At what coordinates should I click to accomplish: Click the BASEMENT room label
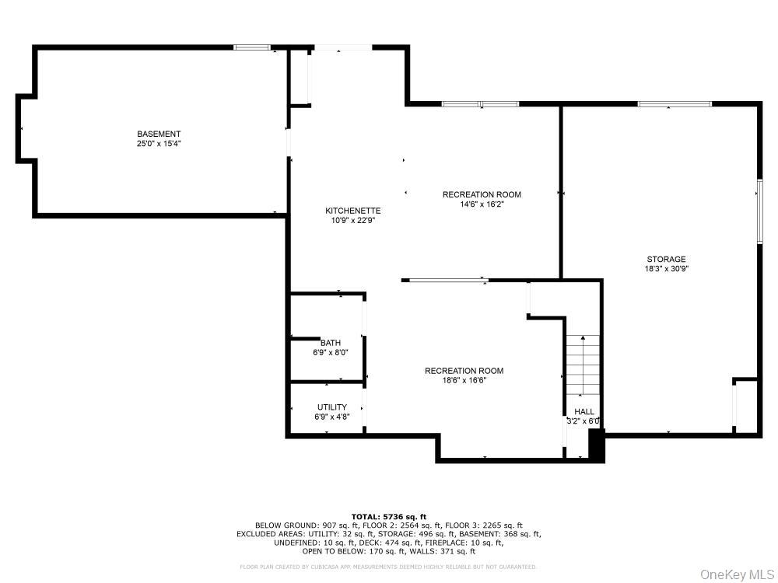159,134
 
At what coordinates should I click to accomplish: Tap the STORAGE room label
666,259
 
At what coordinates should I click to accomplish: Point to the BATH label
330,343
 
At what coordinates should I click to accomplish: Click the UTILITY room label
331,407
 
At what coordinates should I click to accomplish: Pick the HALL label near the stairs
583,411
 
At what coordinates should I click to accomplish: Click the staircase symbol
583,365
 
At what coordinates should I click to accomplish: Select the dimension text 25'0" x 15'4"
159,144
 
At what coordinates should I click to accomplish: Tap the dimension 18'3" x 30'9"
666,269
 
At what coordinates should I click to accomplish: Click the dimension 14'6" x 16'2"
482,204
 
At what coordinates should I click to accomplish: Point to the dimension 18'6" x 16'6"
464,381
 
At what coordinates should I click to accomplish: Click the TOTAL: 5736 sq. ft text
388,516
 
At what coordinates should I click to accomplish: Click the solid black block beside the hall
597,446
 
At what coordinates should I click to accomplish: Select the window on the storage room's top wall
674,103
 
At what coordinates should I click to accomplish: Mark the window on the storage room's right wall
759,211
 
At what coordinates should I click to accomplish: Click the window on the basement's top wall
252,48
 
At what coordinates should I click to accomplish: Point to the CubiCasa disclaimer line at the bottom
388,567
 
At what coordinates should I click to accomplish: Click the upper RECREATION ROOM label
482,194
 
